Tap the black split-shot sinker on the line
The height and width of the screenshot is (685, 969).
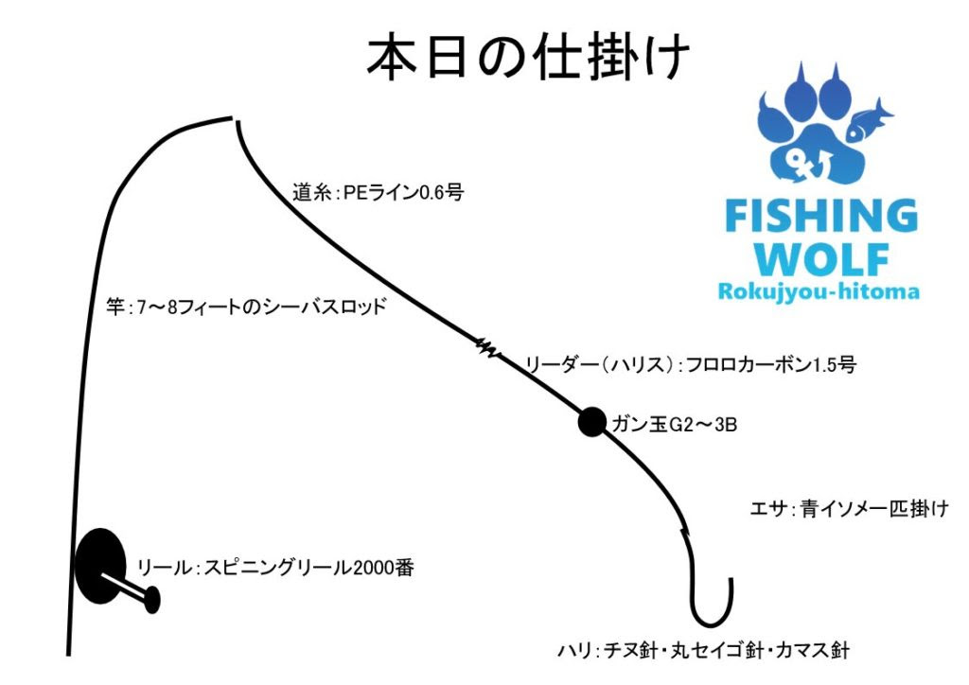591,422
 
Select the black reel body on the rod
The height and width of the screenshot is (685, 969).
100,564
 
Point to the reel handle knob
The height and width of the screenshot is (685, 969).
151,598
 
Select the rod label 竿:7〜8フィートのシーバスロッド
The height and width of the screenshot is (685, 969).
245,308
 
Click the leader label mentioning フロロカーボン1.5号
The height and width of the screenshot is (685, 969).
690,362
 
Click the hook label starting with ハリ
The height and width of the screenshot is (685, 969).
703,651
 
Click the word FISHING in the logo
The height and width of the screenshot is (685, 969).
820,218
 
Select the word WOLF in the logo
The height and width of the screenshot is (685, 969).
820,257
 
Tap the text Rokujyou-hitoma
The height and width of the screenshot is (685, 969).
819,290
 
